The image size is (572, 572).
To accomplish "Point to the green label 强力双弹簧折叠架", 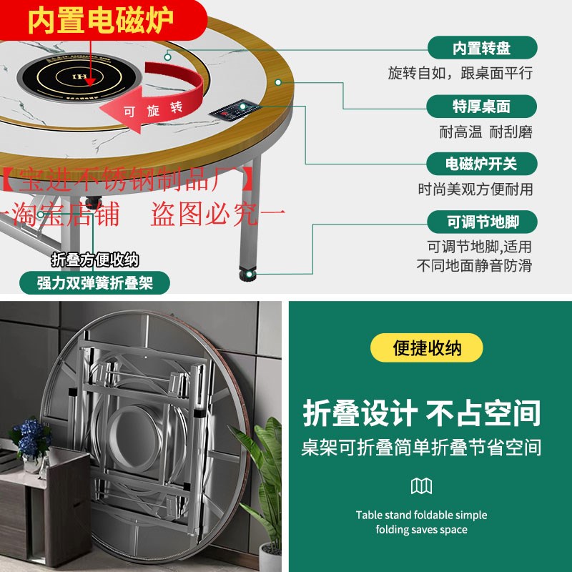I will coord(95,282).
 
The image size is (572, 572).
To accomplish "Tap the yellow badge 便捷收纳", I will coord(427,348).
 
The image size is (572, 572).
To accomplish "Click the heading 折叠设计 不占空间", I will coord(422,413).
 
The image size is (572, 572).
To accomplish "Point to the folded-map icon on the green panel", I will coord(422,487).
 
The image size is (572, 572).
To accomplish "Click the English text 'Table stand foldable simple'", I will coord(422,515).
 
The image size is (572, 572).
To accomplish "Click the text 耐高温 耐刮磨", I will coord(485,132).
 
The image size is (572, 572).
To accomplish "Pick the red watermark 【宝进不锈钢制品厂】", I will coord(129,177).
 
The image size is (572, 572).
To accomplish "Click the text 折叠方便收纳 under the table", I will coord(94,259).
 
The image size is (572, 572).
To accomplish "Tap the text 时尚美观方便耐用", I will coord(475,189).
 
